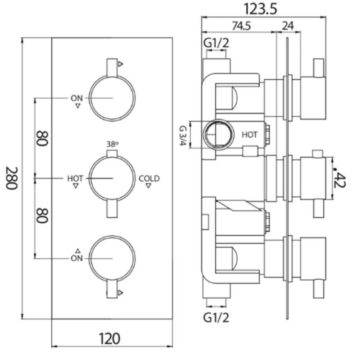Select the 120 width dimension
109,339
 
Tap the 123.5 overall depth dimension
260,9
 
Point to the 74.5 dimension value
241,26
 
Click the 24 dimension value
288,26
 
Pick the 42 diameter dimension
340,179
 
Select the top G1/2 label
216,43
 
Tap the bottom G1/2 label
216,317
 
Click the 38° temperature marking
112,144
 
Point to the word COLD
149,179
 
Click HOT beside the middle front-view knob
75,179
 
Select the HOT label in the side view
250,135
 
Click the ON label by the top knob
77,98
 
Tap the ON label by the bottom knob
77,258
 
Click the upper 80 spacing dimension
42,138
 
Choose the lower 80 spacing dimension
42,215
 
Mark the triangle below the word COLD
148,186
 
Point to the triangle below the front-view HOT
76,186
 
